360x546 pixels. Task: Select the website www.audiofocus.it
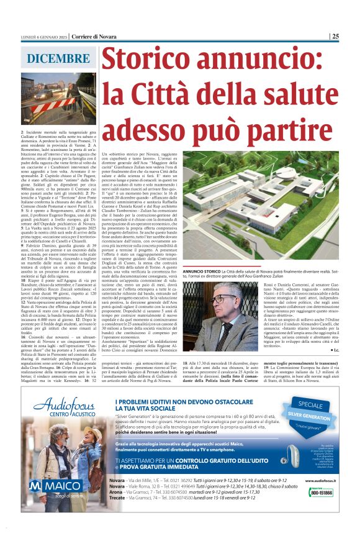323,481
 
